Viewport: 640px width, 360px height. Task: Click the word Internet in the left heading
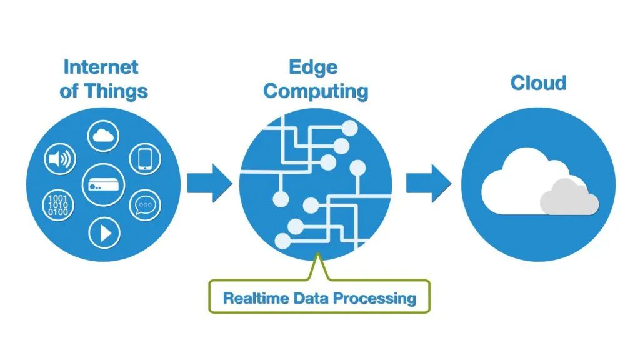101,66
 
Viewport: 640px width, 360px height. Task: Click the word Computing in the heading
316,91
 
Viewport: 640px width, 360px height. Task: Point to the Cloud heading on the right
538,82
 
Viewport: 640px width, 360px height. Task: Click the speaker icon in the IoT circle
61,159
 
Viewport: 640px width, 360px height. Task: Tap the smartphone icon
145,159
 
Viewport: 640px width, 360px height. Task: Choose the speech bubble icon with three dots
145,204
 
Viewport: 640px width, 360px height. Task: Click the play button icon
104,232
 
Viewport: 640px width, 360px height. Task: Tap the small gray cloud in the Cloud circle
569,197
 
